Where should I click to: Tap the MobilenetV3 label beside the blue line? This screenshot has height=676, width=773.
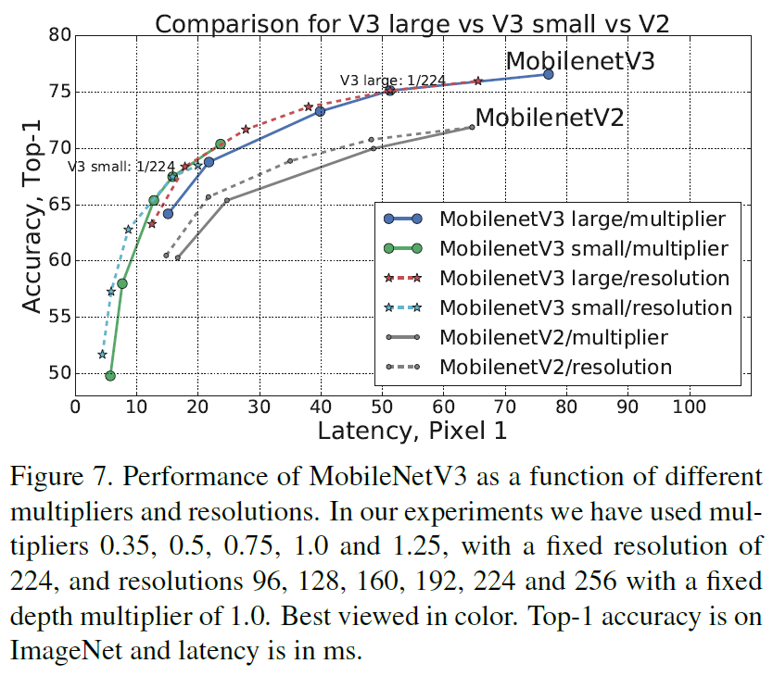tap(580, 62)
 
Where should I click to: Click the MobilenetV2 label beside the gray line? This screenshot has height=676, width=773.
tap(550, 118)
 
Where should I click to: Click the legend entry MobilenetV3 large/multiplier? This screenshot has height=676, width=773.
tap(582, 219)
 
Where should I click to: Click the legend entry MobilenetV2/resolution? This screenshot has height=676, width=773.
tap(556, 367)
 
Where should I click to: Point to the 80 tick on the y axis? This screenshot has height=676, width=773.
tap(59, 36)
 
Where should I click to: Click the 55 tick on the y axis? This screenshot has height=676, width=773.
tap(59, 317)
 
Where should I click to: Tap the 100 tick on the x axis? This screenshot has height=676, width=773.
tap(688, 407)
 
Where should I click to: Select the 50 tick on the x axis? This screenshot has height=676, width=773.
tap(382, 407)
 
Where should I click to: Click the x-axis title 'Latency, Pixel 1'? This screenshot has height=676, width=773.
tap(412, 431)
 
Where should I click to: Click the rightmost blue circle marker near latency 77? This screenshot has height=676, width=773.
tap(548, 74)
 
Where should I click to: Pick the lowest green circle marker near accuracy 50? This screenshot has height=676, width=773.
tap(110, 375)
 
